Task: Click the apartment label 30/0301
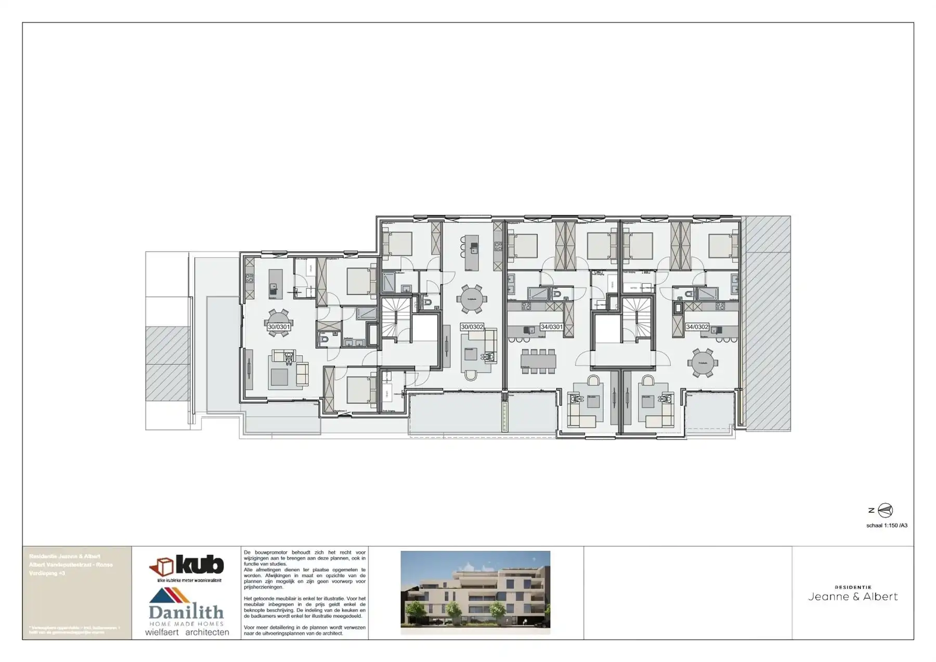(279, 327)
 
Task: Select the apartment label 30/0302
(472, 327)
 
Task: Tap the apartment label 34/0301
(551, 327)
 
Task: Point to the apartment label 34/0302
(697, 327)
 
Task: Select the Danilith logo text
(186, 612)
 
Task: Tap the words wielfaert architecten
(187, 632)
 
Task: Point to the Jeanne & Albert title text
(853, 597)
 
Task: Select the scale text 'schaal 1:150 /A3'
(887, 525)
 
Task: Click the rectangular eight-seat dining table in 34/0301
(538, 360)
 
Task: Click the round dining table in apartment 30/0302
(472, 299)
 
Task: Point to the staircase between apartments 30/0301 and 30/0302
(396, 317)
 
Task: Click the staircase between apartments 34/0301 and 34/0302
(636, 317)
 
